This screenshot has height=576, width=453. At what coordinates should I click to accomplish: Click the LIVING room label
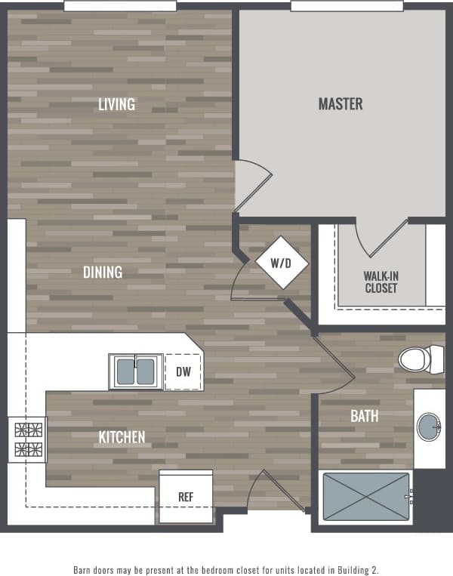coord(116,104)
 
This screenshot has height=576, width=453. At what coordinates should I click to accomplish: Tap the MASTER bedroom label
coord(341,104)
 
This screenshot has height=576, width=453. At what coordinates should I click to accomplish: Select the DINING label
coord(103,272)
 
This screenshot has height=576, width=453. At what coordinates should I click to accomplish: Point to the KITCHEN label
coord(122,437)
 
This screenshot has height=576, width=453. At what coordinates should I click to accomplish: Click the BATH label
coord(364,416)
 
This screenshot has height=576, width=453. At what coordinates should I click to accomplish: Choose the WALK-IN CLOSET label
coord(381,282)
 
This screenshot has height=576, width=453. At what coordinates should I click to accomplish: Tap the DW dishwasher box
coord(183,371)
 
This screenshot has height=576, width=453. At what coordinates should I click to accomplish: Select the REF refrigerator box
coord(186,497)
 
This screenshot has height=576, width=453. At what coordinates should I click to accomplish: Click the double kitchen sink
coord(136,371)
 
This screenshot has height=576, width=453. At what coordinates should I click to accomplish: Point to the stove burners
coord(28,441)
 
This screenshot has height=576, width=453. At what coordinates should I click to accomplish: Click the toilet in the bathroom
coord(421,358)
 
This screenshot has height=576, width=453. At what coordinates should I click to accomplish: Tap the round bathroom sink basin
coord(430,427)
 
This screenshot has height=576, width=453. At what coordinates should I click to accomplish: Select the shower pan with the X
coord(366,497)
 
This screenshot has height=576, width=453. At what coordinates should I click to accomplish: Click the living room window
coord(120,6)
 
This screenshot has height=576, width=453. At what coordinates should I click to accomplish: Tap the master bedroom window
coord(347,6)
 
